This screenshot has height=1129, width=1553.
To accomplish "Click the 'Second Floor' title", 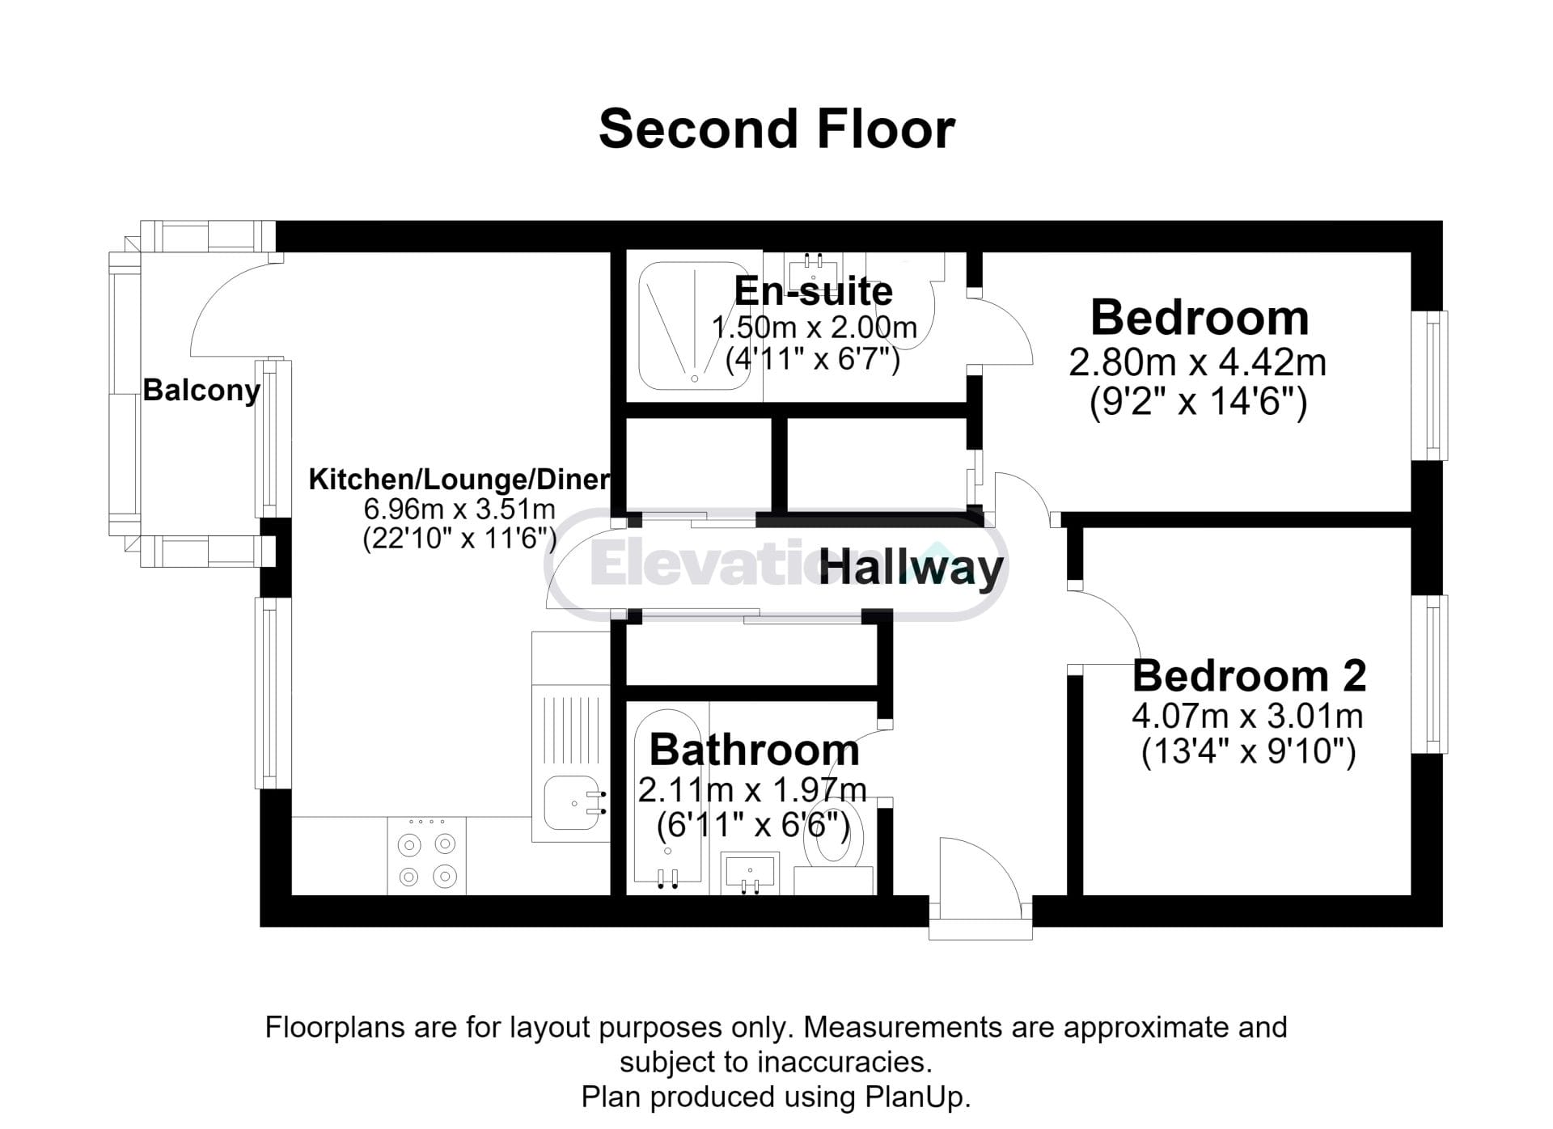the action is point(776,129).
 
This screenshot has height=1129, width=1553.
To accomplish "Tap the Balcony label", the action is point(201,391).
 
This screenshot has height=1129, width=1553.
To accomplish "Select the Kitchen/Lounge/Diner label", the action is point(459,480).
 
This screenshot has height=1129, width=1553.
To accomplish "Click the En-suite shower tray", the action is point(695,326).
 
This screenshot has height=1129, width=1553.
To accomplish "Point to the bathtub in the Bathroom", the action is point(668,797).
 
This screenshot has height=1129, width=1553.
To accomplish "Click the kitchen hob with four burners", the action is point(427,856).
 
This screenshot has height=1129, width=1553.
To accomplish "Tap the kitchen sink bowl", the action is point(572,803).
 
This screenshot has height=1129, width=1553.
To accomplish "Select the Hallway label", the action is point(911,568).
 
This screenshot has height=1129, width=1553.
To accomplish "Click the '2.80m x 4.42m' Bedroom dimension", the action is point(1198,362).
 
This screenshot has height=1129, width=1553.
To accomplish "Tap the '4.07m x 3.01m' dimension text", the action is point(1247,716).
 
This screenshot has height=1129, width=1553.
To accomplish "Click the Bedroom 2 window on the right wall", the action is point(1429,674).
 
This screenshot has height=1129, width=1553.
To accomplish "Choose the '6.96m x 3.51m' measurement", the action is point(459,510).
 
